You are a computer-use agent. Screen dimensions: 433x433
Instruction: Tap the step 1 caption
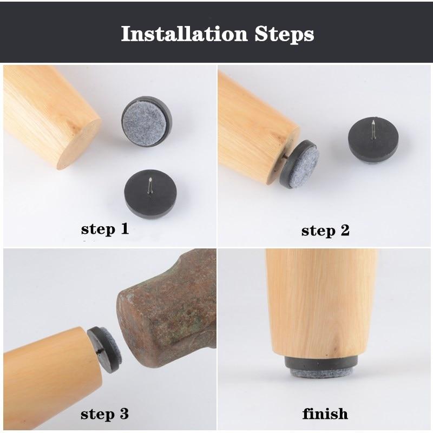coord(105,229)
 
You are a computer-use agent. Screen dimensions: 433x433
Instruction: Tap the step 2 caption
coord(325,231)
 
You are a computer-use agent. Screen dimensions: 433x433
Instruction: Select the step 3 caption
coord(105,415)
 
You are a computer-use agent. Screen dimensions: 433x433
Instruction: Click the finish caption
coord(325,415)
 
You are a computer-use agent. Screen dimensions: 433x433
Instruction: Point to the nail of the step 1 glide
coord(149,183)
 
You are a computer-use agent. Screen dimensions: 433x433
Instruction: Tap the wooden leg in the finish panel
coord(322,303)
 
